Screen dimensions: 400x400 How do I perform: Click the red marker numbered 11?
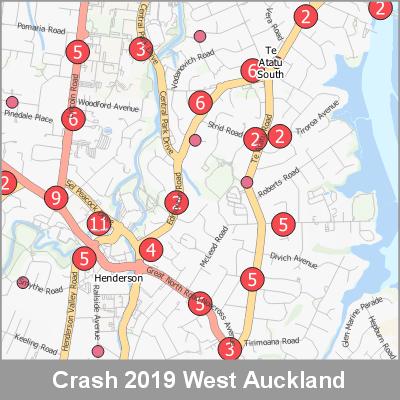pos(98,224)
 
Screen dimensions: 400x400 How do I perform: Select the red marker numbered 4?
pos(151,250)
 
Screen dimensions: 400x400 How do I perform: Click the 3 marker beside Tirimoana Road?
pos(229,349)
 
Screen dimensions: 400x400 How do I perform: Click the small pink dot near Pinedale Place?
pos(13,102)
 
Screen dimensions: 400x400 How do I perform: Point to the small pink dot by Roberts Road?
pos(247,182)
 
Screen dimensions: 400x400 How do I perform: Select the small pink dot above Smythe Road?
pos(23,282)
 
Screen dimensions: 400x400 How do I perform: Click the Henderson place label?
pos(119,279)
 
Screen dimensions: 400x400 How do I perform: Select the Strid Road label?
pos(226,130)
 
